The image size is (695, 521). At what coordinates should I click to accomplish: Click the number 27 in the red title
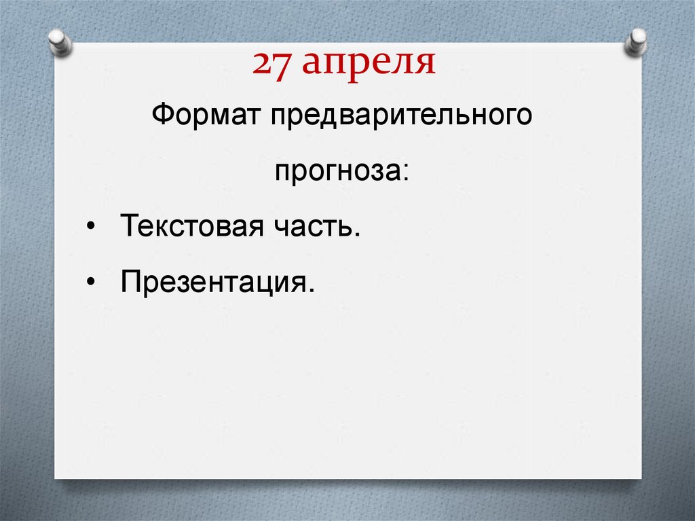click(273, 65)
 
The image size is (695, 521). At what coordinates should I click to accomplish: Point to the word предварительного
click(401, 116)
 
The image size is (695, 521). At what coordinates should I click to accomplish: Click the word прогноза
click(338, 170)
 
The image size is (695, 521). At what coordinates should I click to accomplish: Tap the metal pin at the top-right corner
click(637, 41)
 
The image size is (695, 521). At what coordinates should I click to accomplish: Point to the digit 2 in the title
click(263, 65)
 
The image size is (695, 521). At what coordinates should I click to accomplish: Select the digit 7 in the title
click(282, 65)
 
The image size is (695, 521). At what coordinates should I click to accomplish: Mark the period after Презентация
click(312, 288)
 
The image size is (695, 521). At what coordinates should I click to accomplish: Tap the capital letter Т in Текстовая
click(128, 226)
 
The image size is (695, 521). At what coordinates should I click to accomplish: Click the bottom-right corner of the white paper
click(640, 477)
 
